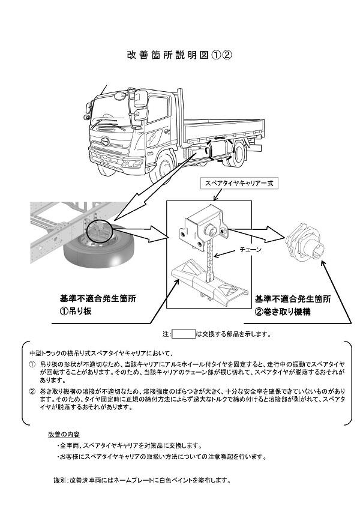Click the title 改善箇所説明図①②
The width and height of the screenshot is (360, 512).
179,54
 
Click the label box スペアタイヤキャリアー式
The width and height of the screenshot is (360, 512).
239,183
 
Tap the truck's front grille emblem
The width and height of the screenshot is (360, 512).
106,143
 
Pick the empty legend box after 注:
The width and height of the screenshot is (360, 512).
184,334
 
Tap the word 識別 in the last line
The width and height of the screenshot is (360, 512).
59,480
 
